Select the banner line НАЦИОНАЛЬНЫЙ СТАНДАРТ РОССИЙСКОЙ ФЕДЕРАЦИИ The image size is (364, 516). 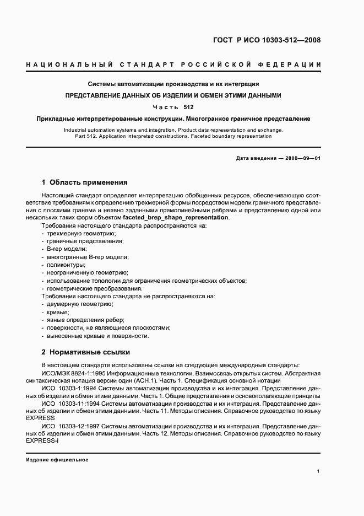tap(173, 65)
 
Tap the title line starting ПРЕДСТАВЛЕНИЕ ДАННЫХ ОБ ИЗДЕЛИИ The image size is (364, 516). tap(173, 95)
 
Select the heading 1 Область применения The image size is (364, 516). tap(85, 182)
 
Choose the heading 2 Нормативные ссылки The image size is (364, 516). tap(85, 352)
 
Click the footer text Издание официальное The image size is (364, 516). tap(57, 459)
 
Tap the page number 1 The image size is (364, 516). tap(319, 471)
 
